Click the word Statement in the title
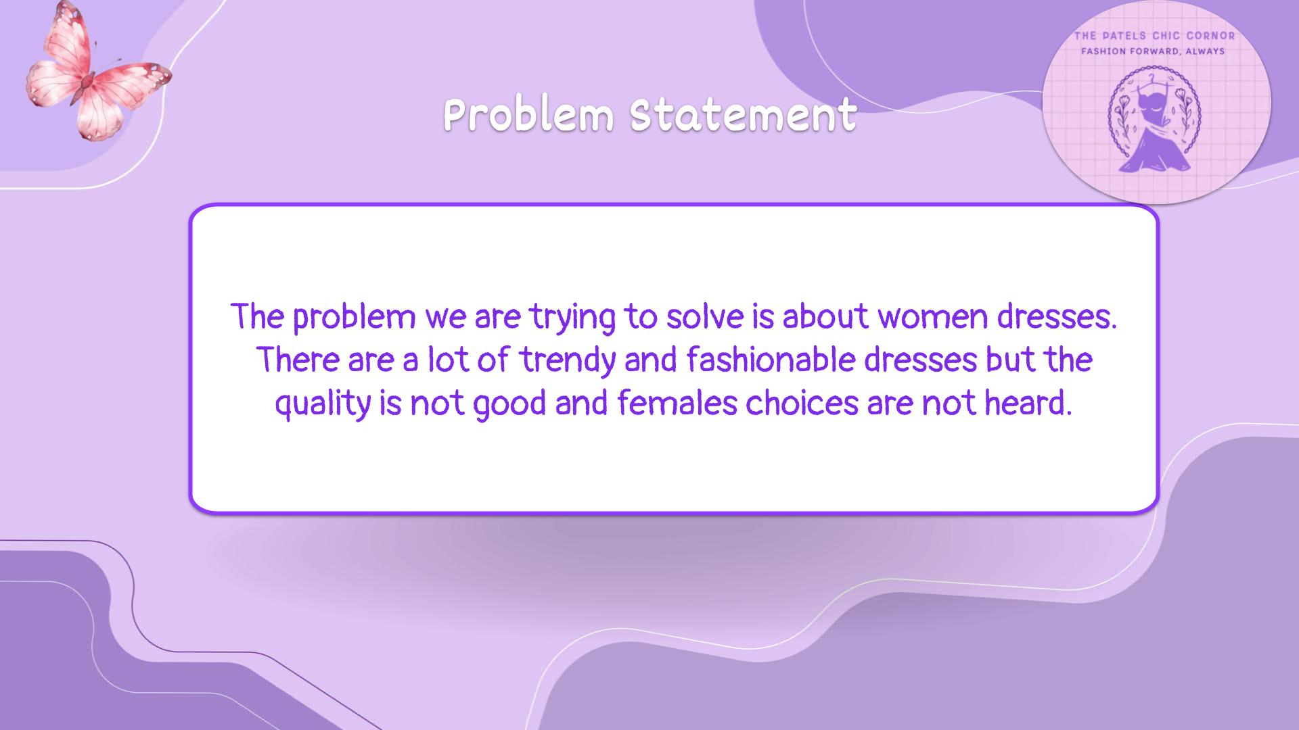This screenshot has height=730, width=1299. [x=743, y=114]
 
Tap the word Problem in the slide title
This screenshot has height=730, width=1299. [x=528, y=114]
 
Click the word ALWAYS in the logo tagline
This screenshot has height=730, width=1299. [x=1205, y=51]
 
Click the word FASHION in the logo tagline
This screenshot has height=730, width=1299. [x=1103, y=51]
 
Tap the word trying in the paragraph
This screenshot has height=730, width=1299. [x=572, y=318]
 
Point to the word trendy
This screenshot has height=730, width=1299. [x=568, y=361]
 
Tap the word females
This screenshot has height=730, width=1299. [x=677, y=403]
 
